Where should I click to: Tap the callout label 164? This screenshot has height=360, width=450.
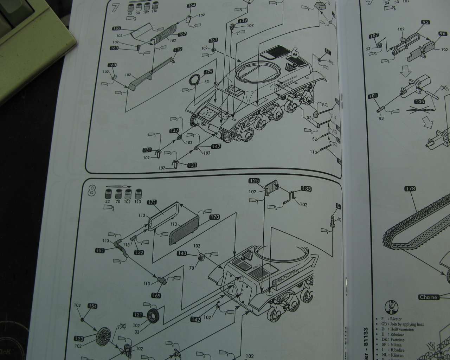pos(191,6)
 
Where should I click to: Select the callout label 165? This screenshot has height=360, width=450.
pos(117,28)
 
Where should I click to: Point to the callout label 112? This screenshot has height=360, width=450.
pos(178,50)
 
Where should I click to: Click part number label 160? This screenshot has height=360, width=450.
pos(112,65)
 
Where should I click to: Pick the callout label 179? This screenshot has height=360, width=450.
pos(208,72)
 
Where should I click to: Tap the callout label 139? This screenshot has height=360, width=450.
pos(243,21)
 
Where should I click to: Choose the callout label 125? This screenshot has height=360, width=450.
pos(254,181)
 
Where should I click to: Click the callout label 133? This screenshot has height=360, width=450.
pos(306,189)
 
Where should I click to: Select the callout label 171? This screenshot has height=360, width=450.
pos(152,202)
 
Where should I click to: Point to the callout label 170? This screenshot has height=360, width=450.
pos(214,217)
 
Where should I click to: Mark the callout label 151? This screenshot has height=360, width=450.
pos(100,250)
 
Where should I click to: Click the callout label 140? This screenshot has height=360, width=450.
pos(182,253)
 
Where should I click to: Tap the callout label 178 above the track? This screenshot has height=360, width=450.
pos(410,189)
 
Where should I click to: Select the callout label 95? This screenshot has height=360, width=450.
pos(425,22)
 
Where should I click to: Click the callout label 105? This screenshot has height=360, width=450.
pos(419,102)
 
